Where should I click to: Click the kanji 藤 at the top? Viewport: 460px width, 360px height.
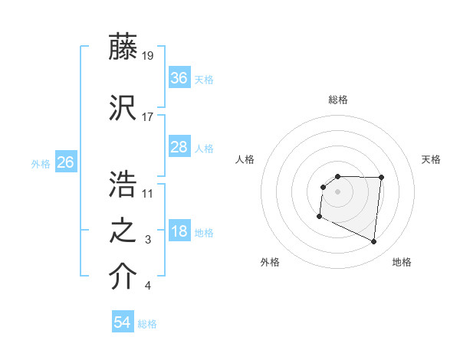[x=123, y=47]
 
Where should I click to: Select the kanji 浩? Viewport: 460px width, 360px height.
[x=123, y=184]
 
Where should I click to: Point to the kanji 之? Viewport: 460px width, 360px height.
[x=123, y=232]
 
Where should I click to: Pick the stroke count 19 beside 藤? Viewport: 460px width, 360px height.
[x=149, y=55]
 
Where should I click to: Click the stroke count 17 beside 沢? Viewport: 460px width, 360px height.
[x=148, y=117]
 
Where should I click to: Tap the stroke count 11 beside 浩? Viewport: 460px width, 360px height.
[x=148, y=192]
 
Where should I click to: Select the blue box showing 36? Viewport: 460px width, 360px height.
[x=179, y=77]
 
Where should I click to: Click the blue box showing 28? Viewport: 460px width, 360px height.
[x=179, y=147]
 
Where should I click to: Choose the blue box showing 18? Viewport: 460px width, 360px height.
[x=179, y=232]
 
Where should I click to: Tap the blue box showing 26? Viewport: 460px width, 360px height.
[x=66, y=162]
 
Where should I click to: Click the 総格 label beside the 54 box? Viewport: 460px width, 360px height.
[x=147, y=324]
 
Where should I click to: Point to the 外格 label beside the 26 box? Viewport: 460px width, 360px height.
[x=41, y=163]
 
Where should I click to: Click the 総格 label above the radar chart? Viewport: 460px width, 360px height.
[x=337, y=100]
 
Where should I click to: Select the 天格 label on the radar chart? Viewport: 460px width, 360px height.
[x=431, y=159]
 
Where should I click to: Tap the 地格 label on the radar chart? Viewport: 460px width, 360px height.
[x=402, y=262]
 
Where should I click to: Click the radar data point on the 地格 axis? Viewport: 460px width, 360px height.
[x=374, y=242]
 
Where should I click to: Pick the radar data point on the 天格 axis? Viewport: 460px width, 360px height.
[x=382, y=178]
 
